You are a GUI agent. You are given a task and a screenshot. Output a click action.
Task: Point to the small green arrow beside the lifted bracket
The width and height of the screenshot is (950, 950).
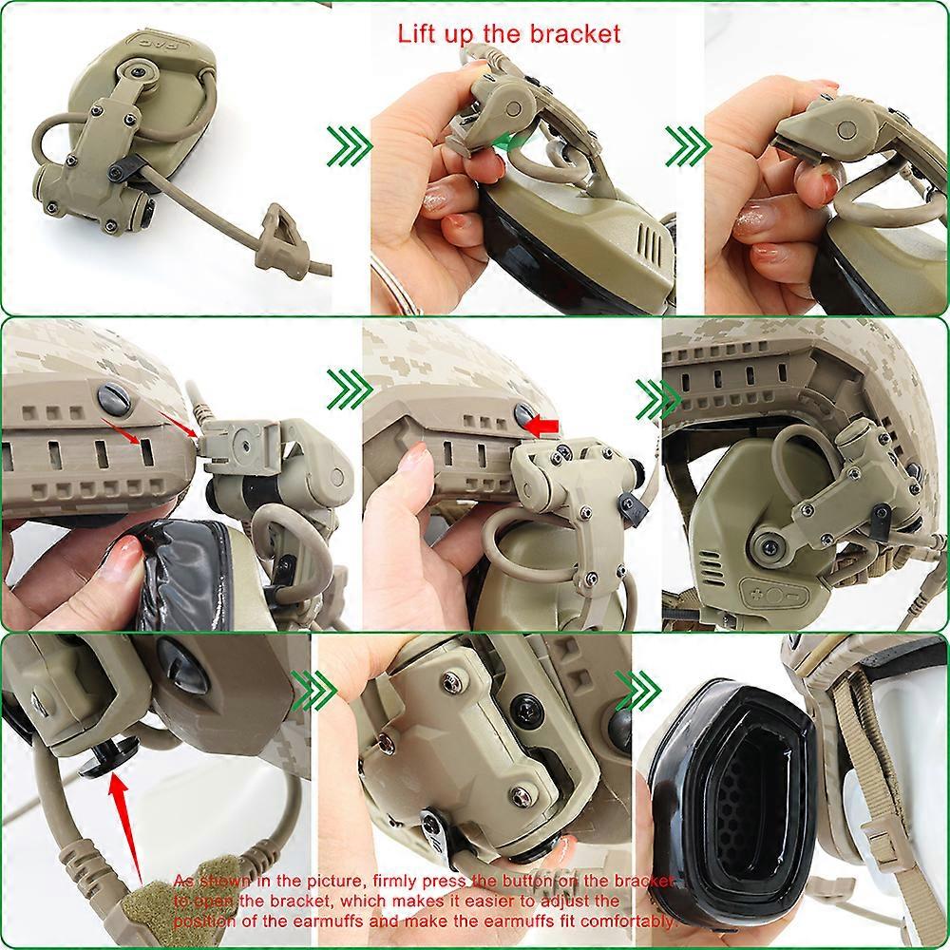514,142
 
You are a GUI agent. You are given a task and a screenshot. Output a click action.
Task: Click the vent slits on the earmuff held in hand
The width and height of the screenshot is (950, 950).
652,235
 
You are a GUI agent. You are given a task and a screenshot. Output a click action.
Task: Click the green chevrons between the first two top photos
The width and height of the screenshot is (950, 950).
348,144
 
